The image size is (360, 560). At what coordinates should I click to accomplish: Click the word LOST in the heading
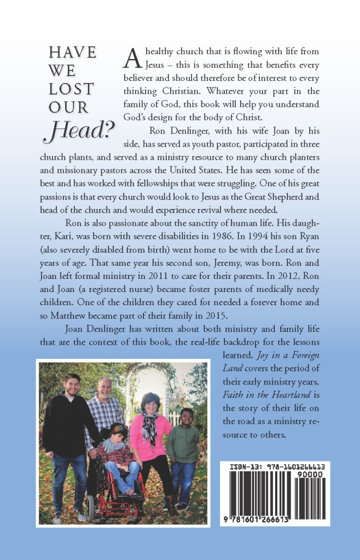pyautogui.click(x=71, y=89)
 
